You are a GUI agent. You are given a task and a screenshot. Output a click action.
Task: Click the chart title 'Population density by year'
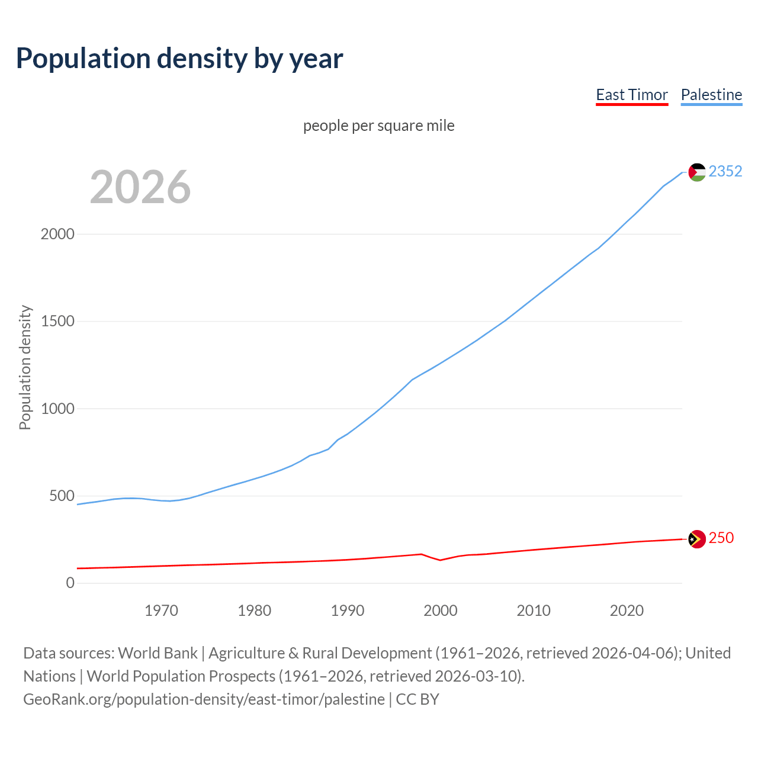click(x=179, y=59)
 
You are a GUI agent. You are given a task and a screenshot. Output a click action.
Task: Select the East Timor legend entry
click(x=631, y=95)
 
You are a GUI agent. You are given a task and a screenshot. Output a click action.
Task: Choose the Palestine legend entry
click(x=711, y=95)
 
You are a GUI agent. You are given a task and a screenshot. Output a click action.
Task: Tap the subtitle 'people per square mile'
click(x=378, y=126)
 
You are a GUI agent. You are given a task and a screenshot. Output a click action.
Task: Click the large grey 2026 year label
click(x=140, y=187)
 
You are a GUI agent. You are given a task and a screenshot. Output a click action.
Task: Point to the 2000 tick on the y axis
click(x=57, y=234)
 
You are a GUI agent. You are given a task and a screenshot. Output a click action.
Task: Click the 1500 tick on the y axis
click(x=57, y=321)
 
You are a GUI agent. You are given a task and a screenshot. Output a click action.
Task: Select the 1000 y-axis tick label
click(x=57, y=409)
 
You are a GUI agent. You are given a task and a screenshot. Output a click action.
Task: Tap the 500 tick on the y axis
click(x=62, y=496)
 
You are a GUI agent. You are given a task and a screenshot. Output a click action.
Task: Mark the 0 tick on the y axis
click(x=70, y=583)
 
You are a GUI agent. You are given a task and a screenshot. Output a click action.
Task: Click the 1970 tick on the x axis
click(x=161, y=611)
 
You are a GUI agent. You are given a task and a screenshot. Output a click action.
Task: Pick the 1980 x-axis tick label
click(x=254, y=611)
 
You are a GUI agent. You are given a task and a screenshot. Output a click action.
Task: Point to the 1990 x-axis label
click(x=348, y=611)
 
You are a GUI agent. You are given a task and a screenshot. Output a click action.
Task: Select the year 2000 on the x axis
click(x=441, y=611)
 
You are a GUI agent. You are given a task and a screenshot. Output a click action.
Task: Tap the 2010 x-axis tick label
click(x=534, y=611)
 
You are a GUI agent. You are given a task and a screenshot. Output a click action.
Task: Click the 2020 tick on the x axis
click(x=627, y=611)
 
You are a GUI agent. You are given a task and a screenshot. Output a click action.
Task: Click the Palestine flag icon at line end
click(x=697, y=172)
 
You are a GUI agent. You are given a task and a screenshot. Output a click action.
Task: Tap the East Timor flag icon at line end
click(x=697, y=539)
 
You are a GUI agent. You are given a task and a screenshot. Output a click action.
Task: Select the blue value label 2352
click(x=725, y=171)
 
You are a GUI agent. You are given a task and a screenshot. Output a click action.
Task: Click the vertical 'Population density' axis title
click(x=25, y=367)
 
